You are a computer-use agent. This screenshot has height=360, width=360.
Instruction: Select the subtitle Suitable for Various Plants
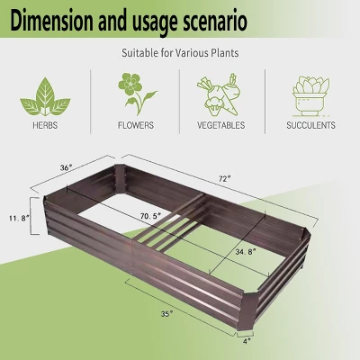(179, 53)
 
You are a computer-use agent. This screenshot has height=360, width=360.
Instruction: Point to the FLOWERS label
(134, 125)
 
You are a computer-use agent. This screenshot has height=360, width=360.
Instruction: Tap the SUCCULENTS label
(310, 125)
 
